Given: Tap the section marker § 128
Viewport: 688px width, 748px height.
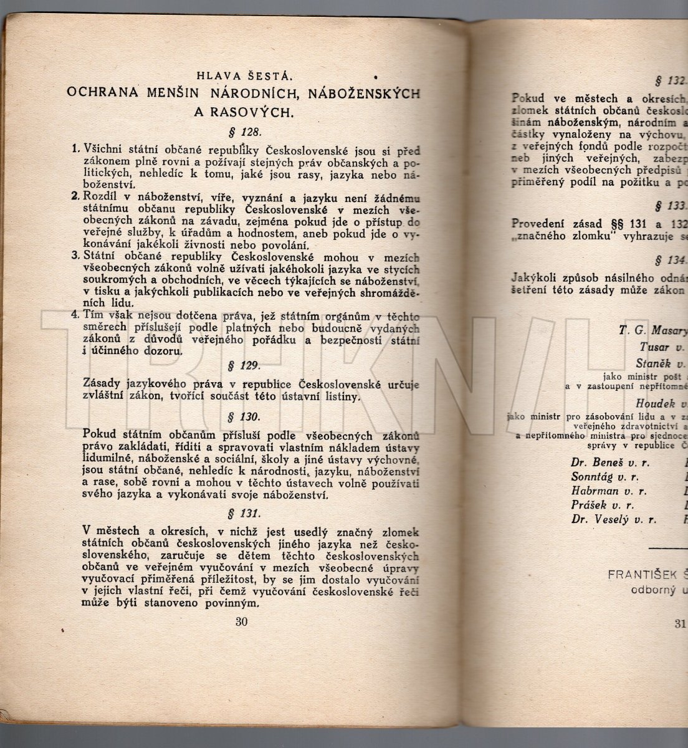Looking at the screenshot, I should (x=244, y=133).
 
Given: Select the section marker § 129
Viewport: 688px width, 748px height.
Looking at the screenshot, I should (x=244, y=365).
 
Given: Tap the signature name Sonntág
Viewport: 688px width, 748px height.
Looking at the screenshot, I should (x=592, y=477).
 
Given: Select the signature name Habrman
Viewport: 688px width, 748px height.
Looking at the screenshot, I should (x=593, y=491).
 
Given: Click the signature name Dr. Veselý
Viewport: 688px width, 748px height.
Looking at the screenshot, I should (x=597, y=519).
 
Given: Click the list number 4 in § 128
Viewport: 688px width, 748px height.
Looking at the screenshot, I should (x=74, y=315).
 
